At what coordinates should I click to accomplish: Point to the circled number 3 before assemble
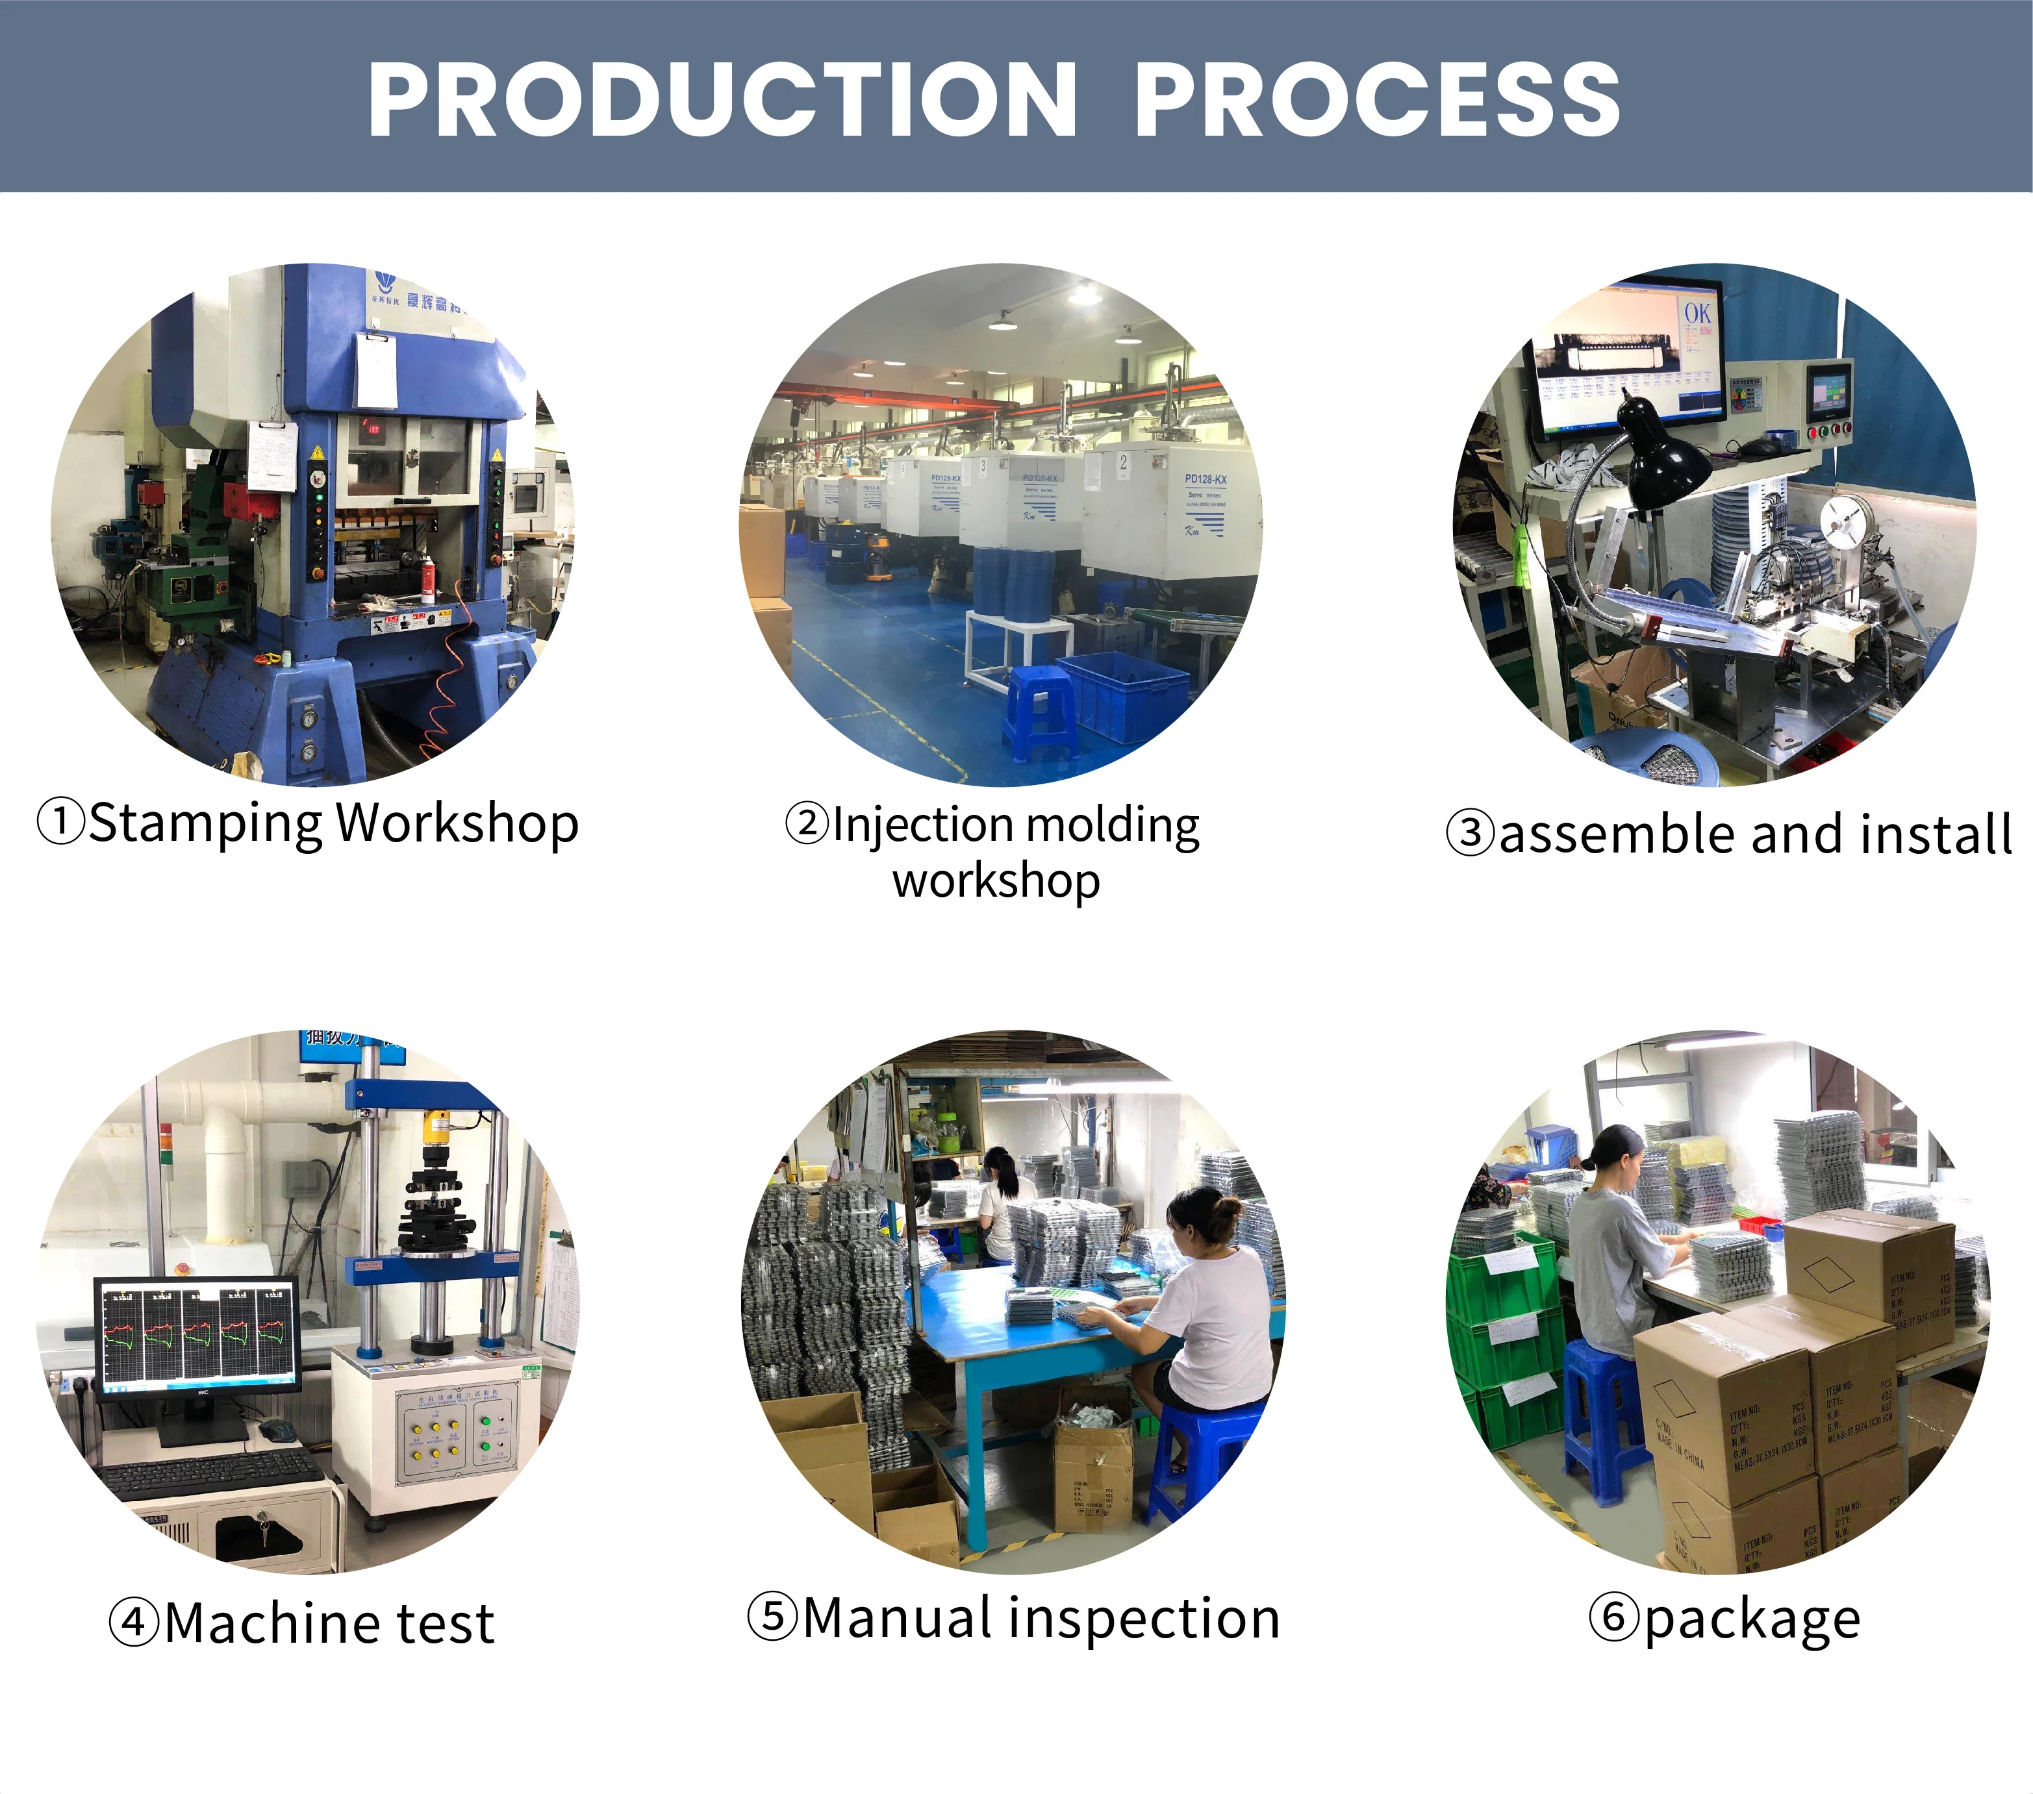click(x=1470, y=833)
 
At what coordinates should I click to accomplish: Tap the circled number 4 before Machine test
click(x=133, y=1623)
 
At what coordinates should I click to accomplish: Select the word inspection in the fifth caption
click(x=1144, y=1618)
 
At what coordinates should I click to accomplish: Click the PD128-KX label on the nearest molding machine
click(x=1204, y=479)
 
